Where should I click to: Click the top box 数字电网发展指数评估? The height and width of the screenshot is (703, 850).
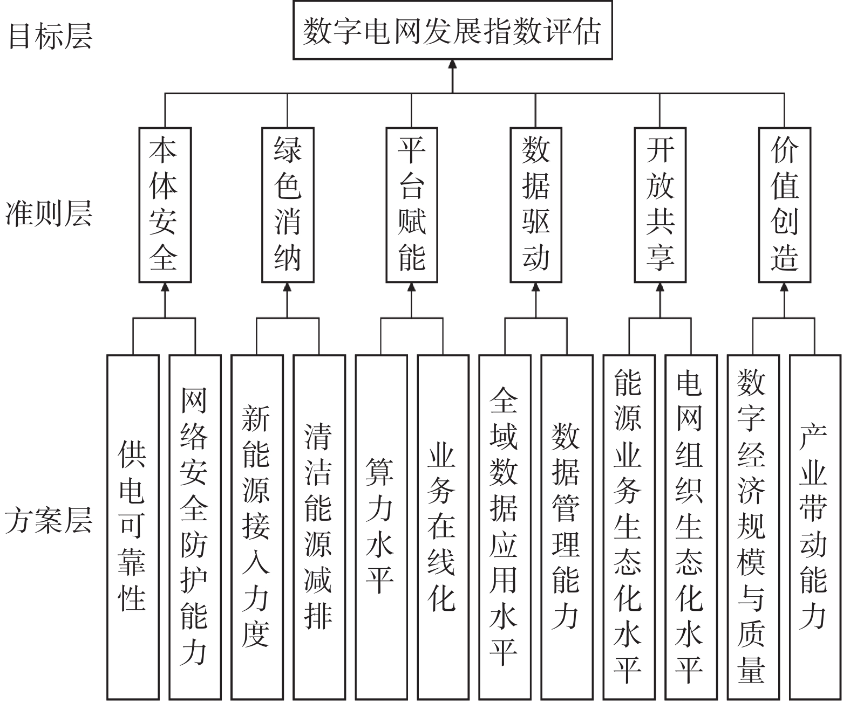pyautogui.click(x=452, y=31)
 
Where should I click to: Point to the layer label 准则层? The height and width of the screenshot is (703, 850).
pyautogui.click(x=49, y=213)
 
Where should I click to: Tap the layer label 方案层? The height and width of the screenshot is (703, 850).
pyautogui.click(x=49, y=520)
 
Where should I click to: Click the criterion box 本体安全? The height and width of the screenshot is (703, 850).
pyautogui.click(x=165, y=205)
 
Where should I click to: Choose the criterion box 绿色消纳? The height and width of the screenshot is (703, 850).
pyautogui.click(x=288, y=205)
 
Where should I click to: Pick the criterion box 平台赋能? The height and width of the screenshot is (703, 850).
pyautogui.click(x=412, y=205)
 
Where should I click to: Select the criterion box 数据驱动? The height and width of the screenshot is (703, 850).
pyautogui.click(x=536, y=205)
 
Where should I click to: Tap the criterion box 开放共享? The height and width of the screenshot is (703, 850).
pyautogui.click(x=660, y=205)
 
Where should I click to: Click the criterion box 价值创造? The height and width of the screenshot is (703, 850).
pyautogui.click(x=785, y=205)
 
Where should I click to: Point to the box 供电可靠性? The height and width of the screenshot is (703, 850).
pyautogui.click(x=133, y=527)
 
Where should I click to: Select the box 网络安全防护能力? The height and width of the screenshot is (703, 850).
pyautogui.click(x=195, y=527)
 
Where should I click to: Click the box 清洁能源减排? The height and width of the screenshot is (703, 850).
pyautogui.click(x=319, y=527)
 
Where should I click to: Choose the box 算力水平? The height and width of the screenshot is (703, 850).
pyautogui.click(x=381, y=527)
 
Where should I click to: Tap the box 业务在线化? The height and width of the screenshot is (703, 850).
pyautogui.click(x=443, y=527)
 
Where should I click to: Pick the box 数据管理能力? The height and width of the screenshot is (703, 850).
pyautogui.click(x=567, y=527)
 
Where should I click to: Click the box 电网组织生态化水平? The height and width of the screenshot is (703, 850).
pyautogui.click(x=691, y=527)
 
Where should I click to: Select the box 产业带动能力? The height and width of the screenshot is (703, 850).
pyautogui.click(x=815, y=527)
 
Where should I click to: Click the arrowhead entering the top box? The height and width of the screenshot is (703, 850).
pyautogui.click(x=452, y=64)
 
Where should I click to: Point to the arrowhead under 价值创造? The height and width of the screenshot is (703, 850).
pyautogui.click(x=785, y=287)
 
